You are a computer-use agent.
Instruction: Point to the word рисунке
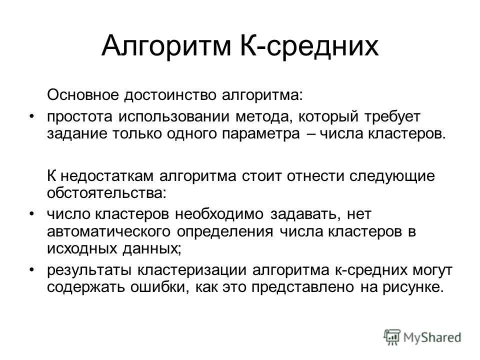point(411,288)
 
